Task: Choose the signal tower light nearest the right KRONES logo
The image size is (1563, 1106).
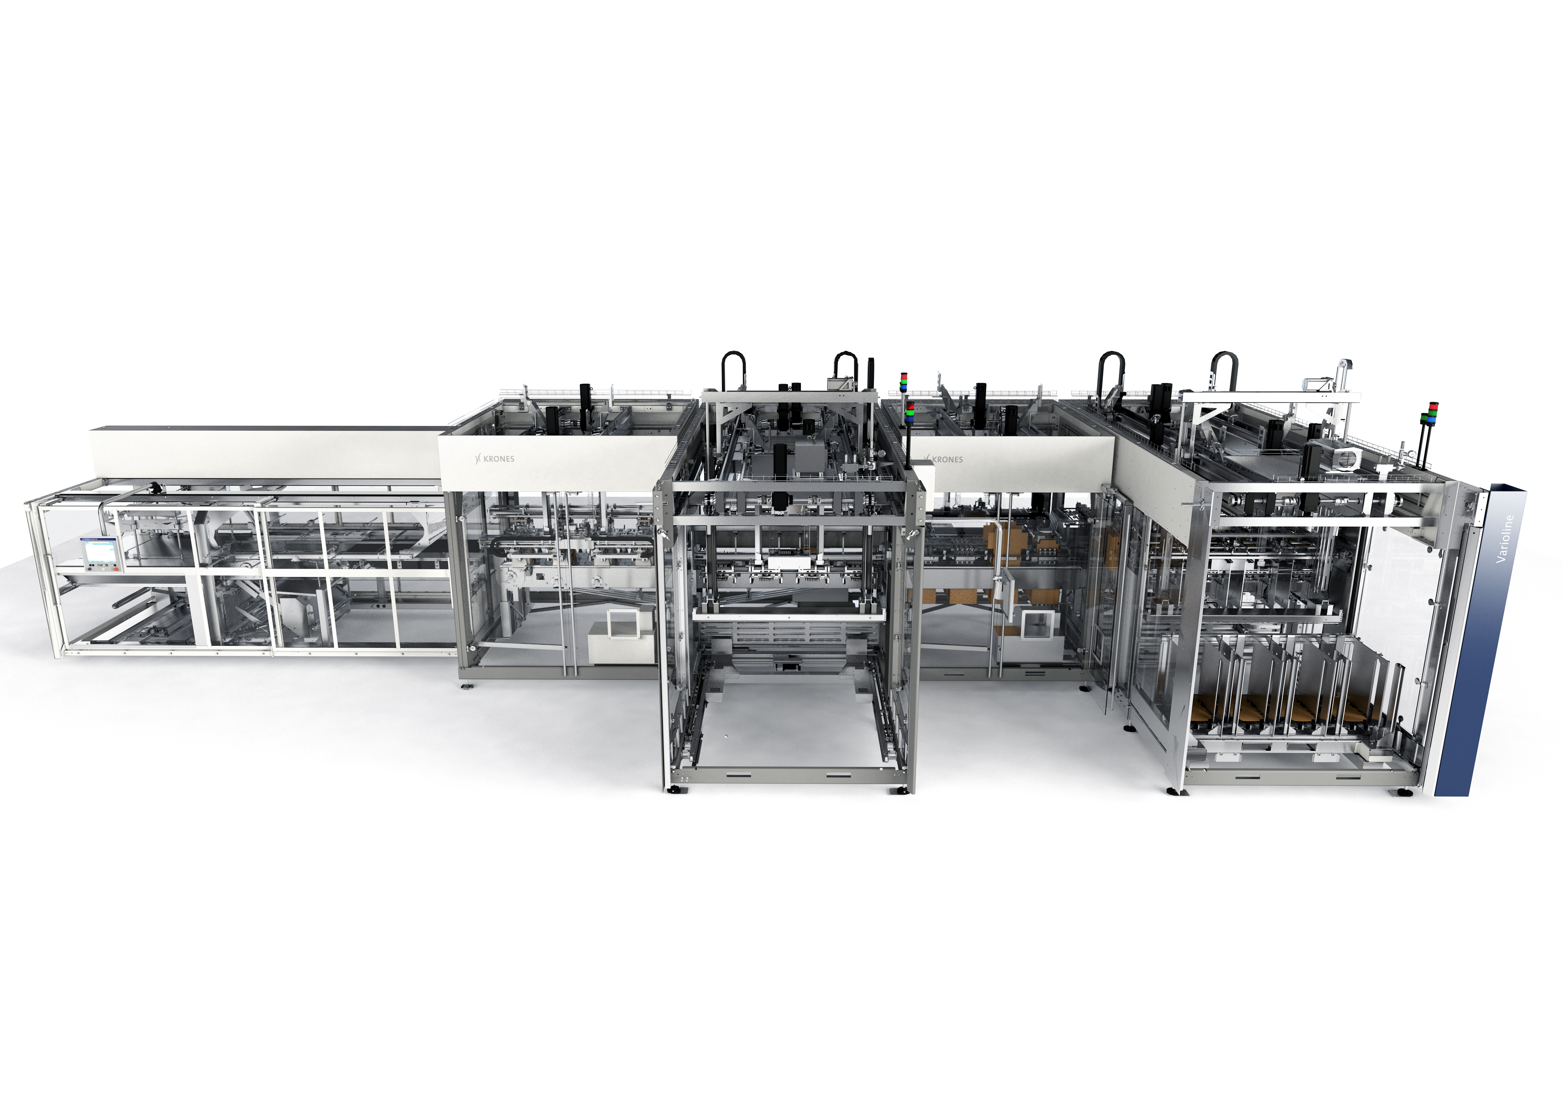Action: [910, 413]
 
